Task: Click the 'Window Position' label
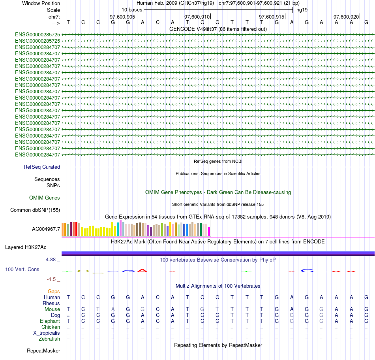pos(41,3)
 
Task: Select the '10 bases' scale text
pos(132,9)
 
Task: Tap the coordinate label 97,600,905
pos(122,17)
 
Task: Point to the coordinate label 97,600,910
pos(197,17)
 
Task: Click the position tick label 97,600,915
pos(272,17)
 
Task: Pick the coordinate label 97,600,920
pos(346,17)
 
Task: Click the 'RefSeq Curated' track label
pos(42,167)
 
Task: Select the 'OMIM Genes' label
pos(45,198)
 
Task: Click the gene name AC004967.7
pos(46,229)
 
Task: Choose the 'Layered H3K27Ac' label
pos(26,247)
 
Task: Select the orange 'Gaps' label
pos(54,291)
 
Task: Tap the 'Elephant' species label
pos(50,321)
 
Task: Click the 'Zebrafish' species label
pos(49,339)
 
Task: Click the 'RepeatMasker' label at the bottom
pos(43,351)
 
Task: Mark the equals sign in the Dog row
pos(68,315)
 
